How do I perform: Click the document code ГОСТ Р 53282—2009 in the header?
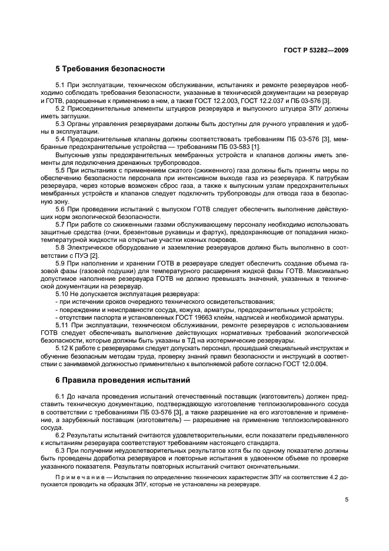(316, 50)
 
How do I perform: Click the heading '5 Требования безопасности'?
(110, 69)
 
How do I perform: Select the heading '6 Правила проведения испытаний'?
(122, 380)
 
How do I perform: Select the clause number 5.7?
(61, 224)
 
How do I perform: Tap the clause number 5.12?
(63, 348)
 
